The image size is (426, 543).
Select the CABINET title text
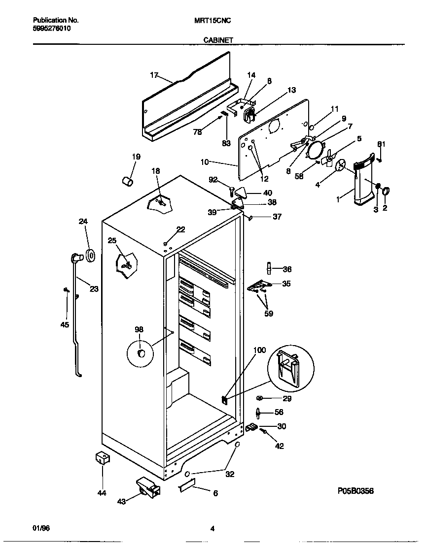pos(218,40)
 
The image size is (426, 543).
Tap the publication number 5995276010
pos(51,29)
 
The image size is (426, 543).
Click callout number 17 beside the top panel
pos(154,75)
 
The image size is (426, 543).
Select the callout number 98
pos(139,329)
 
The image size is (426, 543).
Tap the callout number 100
pos(259,351)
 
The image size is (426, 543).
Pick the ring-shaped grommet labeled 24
pos(91,256)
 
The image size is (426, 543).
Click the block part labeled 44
pos(102,458)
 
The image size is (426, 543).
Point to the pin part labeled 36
pos(269,268)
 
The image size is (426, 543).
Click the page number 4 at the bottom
pos(212,529)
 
